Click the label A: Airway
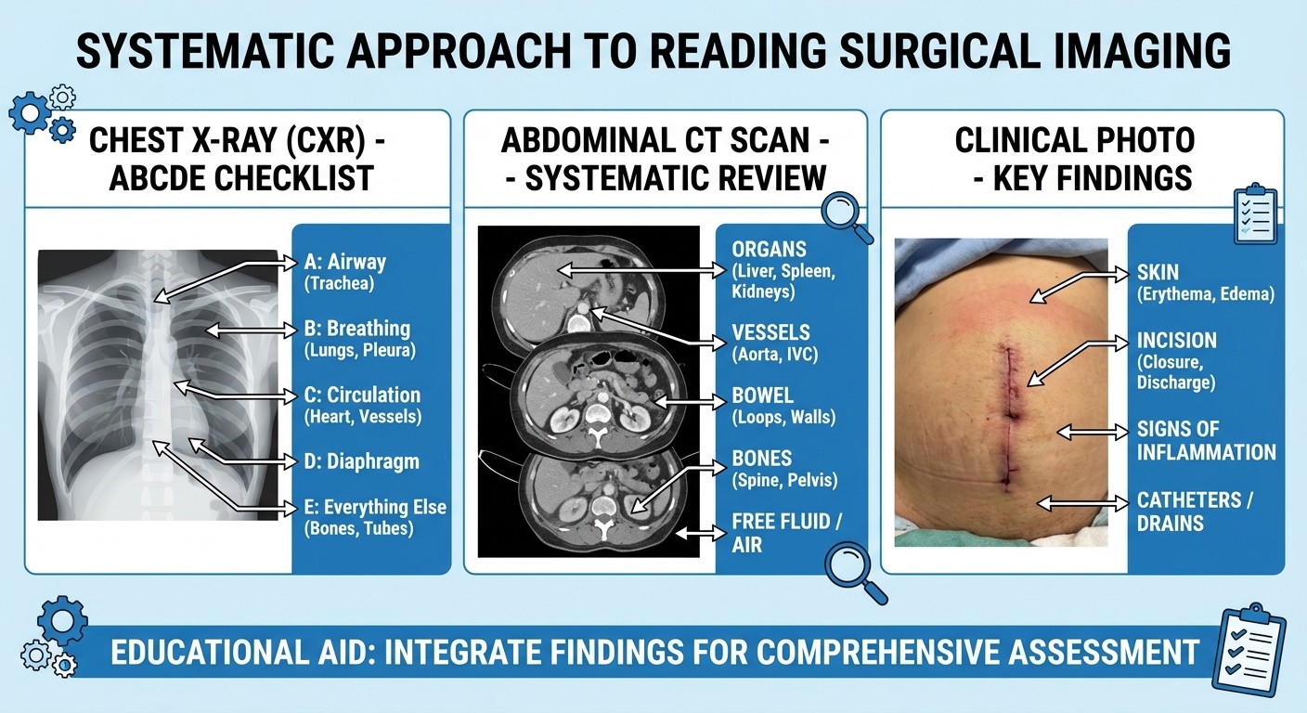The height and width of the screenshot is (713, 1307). click(x=343, y=262)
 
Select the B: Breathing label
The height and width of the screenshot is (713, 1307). click(x=356, y=329)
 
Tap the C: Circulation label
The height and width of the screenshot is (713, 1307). click(x=362, y=395)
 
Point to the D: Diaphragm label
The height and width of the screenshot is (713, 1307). click(x=361, y=461)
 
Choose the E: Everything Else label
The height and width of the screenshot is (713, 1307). click(x=374, y=507)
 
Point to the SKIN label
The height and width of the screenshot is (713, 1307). click(x=1158, y=272)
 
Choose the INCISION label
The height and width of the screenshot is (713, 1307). click(x=1176, y=340)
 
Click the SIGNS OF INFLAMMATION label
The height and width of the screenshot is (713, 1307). click(x=1206, y=441)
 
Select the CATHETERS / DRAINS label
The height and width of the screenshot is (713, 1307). click(x=1196, y=512)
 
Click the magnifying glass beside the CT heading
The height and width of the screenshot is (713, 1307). click(x=847, y=215)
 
